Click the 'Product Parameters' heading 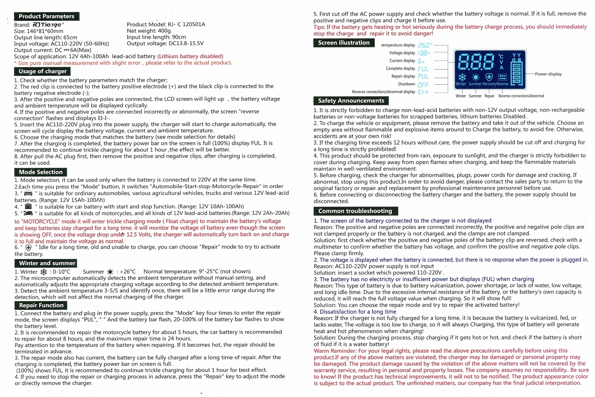(46, 16)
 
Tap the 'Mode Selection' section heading (40, 172)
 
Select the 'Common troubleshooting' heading (355, 211)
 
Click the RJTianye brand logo (48, 25)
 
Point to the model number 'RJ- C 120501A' (186, 24)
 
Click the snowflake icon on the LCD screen (462, 77)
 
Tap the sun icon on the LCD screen (475, 77)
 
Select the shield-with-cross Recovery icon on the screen (489, 77)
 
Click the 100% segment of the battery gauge (517, 66)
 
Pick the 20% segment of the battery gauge (517, 81)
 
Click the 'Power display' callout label (548, 74)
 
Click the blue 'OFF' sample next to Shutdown (423, 84)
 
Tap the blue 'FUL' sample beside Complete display (423, 69)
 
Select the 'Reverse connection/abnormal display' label (383, 92)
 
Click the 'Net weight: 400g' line (149, 31)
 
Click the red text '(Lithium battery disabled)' (190, 57)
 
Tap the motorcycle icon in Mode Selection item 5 (28, 213)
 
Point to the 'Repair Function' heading (41, 305)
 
